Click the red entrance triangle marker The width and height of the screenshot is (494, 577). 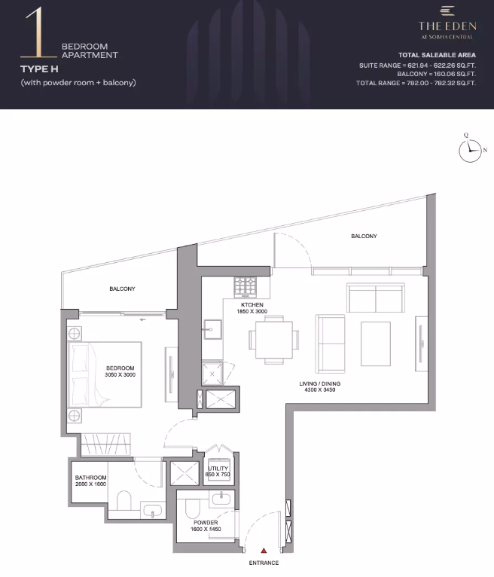point(264,551)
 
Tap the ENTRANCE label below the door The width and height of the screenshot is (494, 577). point(264,563)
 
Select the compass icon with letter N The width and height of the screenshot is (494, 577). point(470,150)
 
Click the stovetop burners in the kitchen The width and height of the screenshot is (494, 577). point(245,286)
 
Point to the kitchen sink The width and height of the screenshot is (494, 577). point(212,329)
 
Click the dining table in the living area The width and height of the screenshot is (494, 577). point(274,339)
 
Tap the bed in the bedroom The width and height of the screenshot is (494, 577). point(105,374)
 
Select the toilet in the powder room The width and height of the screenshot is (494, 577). point(191,508)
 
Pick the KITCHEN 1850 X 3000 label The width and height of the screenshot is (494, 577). point(252,308)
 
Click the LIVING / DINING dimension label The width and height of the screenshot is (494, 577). point(319,386)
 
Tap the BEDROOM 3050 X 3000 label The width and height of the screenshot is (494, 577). point(120,371)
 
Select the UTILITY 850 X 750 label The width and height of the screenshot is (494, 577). point(218,472)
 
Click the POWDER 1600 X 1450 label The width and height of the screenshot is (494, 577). point(206,526)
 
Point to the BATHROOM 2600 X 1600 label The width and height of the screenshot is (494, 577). point(90,481)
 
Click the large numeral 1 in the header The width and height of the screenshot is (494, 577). point(38,32)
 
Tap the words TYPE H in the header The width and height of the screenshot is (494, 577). point(39,69)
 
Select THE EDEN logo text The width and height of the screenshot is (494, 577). point(447,26)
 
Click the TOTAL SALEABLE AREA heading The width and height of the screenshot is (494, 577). point(437,55)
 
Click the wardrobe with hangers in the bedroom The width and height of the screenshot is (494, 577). point(105,444)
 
